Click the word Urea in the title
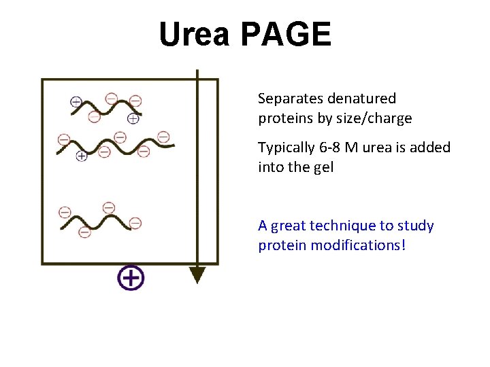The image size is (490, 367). [x=195, y=35]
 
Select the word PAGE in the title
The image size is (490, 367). [x=286, y=35]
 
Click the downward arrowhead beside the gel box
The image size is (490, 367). [x=197, y=275]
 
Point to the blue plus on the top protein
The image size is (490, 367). [x=133, y=118]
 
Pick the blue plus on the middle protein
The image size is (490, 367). [x=82, y=156]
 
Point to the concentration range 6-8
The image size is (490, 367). [x=333, y=147]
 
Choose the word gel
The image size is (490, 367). [x=322, y=167]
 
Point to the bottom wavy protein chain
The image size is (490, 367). [x=99, y=220]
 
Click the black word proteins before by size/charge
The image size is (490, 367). [x=283, y=119]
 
